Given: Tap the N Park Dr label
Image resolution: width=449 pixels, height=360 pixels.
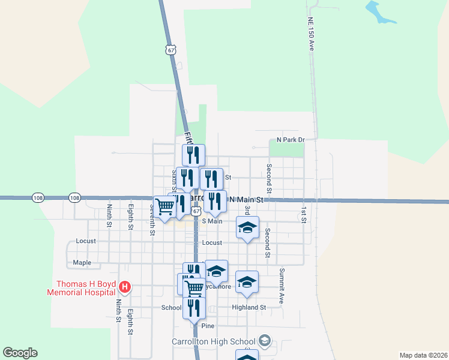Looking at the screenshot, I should (x=291, y=140).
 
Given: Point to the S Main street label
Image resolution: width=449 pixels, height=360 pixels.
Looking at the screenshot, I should (x=212, y=221).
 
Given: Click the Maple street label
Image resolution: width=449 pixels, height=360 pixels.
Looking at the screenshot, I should (x=82, y=262).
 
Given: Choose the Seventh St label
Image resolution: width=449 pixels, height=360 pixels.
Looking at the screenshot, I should (x=152, y=219).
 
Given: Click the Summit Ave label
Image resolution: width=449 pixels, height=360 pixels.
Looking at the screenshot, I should (x=281, y=286).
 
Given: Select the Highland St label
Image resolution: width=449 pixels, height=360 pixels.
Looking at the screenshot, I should (x=249, y=307).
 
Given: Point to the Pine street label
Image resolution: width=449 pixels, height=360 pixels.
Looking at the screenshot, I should (x=208, y=326).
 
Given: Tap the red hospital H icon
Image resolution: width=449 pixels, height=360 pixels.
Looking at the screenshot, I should (x=125, y=287).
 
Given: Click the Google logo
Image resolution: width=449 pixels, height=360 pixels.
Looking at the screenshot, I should (x=20, y=353).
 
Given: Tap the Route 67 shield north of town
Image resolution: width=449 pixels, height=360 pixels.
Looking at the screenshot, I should (x=172, y=50).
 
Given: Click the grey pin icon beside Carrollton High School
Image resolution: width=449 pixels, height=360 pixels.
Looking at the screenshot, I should (x=264, y=341).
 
